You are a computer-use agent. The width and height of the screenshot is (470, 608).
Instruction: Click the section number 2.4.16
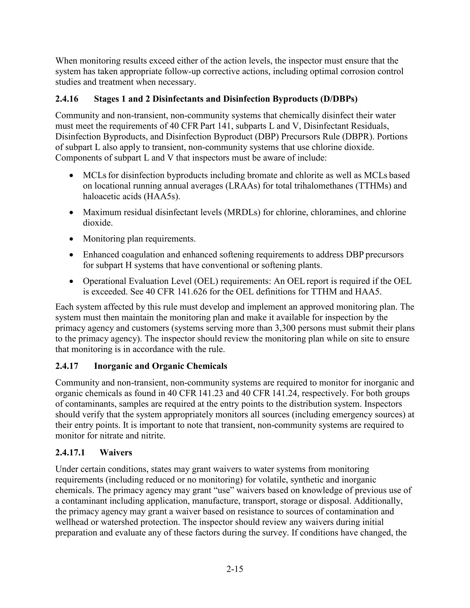tap(67, 99)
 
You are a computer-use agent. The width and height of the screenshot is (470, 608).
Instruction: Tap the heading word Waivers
tap(116, 452)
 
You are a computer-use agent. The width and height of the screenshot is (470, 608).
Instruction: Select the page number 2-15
tap(235, 569)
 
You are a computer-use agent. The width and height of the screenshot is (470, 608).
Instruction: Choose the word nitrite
tap(154, 436)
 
